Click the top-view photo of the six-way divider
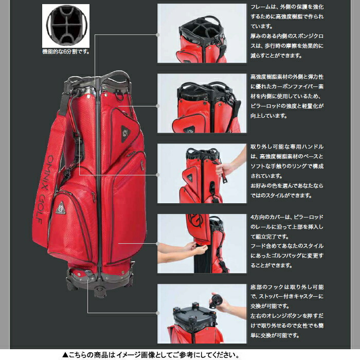pos(66,25)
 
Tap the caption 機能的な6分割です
pos(66,52)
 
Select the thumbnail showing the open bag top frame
pos(202,33)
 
